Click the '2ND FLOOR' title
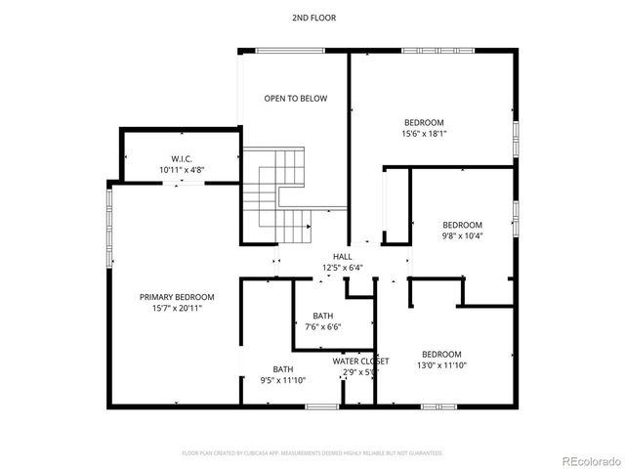[312, 18]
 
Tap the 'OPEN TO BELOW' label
[296, 99]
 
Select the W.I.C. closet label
[182, 158]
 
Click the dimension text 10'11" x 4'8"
[182, 170]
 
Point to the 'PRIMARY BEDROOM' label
[177, 297]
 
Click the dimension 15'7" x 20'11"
[177, 309]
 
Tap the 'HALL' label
[342, 256]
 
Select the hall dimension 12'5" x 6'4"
[342, 268]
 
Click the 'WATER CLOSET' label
[361, 361]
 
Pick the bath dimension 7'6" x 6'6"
[322, 327]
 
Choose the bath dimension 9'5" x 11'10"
[283, 381]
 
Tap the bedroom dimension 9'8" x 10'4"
[462, 235]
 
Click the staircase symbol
[281, 195]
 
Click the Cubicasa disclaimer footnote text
[312, 453]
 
